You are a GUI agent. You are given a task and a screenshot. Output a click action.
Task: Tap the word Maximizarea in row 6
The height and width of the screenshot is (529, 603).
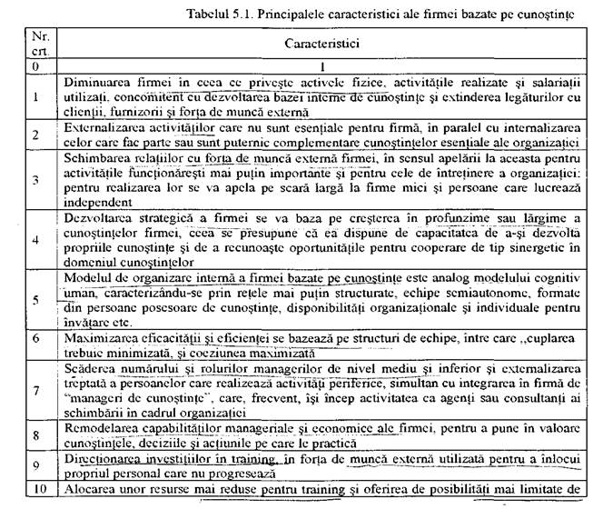click(96, 337)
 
